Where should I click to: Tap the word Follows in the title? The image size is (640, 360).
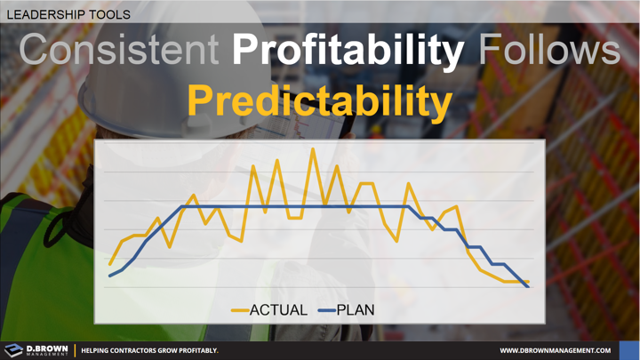click(548, 52)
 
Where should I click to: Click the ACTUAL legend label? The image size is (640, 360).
click(278, 310)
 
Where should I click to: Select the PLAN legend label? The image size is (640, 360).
click(356, 310)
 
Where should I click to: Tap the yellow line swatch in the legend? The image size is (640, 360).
click(238, 310)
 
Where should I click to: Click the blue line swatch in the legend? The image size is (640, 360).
click(324, 310)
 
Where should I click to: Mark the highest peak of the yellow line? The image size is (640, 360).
click(313, 148)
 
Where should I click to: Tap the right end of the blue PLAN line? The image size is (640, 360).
click(529, 287)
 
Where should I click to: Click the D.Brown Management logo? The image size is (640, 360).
click(36, 350)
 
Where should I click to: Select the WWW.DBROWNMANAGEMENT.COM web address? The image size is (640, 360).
click(562, 351)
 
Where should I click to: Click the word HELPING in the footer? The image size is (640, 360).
click(98, 351)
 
